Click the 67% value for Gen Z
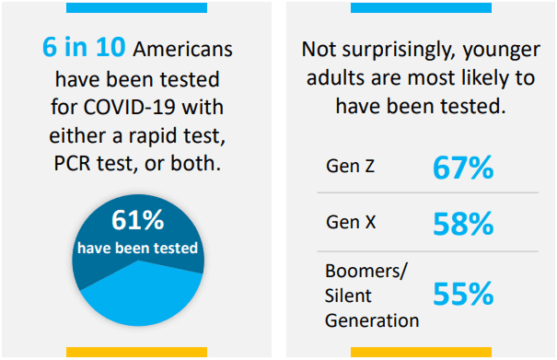pyautogui.click(x=463, y=168)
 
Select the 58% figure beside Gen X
pyautogui.click(x=463, y=224)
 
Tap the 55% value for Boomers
pyautogui.click(x=463, y=294)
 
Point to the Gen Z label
pyautogui.click(x=350, y=166)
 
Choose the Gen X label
pyautogui.click(x=351, y=222)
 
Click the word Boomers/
pyautogui.click(x=366, y=272)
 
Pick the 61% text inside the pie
pyautogui.click(x=138, y=220)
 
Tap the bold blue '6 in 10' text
pyautogui.click(x=84, y=47)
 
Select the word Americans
pyautogui.click(x=182, y=49)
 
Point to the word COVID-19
pyautogui.click(x=129, y=107)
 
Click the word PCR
pyautogui.click(x=73, y=164)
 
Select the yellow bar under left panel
pyautogui.click(x=137, y=352)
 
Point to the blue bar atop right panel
pyautogui.click(x=421, y=7)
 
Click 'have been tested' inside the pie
pyautogui.click(x=137, y=248)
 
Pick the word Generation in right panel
pyautogui.click(x=372, y=320)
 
